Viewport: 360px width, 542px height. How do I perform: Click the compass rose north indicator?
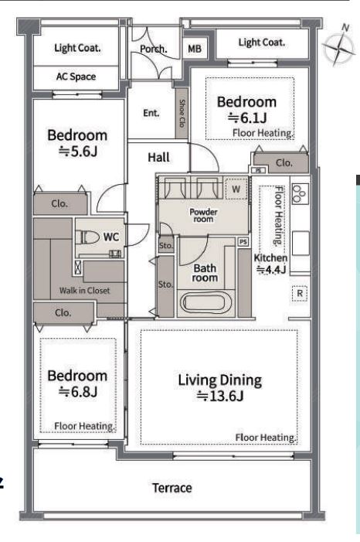click(338, 46)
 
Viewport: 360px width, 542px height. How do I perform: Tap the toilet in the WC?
click(90, 237)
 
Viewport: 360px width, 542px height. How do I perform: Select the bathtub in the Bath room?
click(206, 303)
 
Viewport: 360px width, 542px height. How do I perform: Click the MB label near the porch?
click(195, 49)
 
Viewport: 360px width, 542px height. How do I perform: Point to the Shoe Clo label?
click(182, 113)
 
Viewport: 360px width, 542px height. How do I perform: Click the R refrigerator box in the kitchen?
click(300, 294)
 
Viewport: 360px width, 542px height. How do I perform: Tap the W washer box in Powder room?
click(236, 189)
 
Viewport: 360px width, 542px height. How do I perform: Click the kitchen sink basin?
click(301, 243)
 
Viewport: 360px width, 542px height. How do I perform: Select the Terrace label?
click(172, 488)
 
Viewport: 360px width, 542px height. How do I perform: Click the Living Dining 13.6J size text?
click(220, 395)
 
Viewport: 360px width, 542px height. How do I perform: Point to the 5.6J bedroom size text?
click(78, 151)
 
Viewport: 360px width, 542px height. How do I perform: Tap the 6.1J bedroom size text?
click(247, 118)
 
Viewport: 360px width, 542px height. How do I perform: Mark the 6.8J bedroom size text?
click(78, 392)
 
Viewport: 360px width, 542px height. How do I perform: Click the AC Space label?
click(76, 77)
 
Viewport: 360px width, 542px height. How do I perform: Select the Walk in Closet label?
click(85, 291)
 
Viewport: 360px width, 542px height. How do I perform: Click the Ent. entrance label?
click(151, 113)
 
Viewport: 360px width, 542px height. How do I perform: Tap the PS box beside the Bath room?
click(243, 241)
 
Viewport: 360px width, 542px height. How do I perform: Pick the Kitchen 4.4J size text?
click(271, 269)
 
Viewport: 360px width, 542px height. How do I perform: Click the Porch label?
click(154, 49)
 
